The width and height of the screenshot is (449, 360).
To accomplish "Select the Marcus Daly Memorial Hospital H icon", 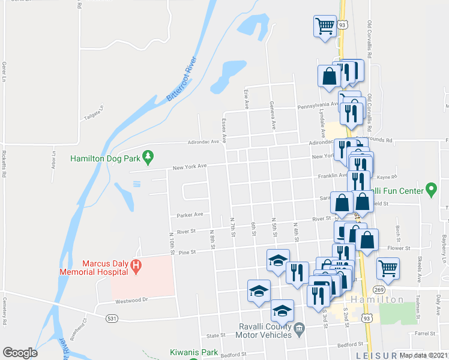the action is (x=136, y=266).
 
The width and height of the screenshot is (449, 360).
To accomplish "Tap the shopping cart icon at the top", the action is (x=325, y=25).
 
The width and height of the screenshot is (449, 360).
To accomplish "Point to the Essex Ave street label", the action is (x=224, y=130).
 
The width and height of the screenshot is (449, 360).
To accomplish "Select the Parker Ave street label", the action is (x=190, y=214).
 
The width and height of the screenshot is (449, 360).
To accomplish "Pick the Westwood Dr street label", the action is (x=131, y=301).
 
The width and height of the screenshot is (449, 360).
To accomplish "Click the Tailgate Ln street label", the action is (x=94, y=113).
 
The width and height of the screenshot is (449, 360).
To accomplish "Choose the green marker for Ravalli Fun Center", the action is (x=430, y=191).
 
